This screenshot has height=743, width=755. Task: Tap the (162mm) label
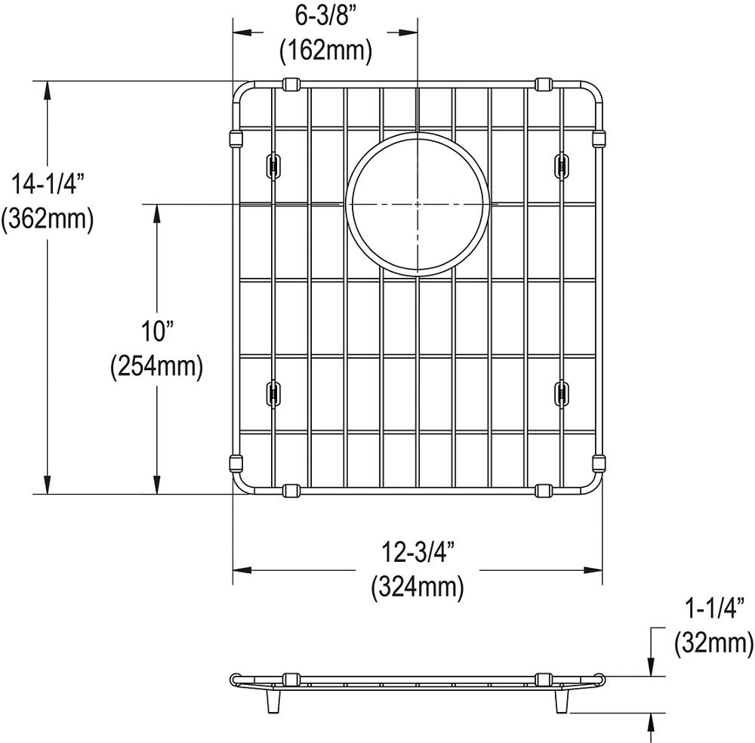click(326, 50)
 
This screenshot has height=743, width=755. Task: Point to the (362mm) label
click(47, 219)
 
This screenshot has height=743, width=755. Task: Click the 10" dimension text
click(157, 331)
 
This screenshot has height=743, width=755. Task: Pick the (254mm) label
click(157, 368)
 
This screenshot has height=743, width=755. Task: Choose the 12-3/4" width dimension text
click(418, 552)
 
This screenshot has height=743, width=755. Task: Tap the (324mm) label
click(418, 587)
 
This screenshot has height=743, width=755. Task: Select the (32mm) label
click(714, 643)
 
